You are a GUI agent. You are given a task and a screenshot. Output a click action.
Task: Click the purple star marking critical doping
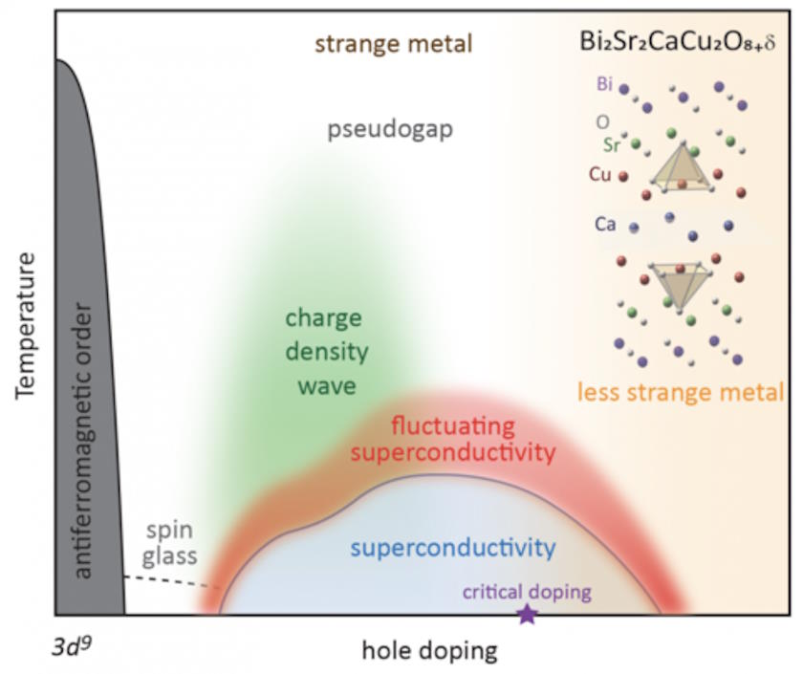pos(527,615)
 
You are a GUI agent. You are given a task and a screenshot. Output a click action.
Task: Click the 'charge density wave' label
pos(326,352)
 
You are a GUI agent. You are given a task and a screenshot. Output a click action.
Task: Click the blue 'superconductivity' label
pos(452,548)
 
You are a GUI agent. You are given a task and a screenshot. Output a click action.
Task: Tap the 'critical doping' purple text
pos(526,592)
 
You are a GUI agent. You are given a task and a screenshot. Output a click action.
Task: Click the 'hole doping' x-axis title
pos(430,652)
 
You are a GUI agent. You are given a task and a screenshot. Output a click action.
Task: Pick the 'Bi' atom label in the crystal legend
pos(603,84)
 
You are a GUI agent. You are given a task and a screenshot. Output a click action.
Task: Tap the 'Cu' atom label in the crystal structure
pos(601,176)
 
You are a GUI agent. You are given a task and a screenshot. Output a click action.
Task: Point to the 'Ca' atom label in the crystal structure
pos(604,224)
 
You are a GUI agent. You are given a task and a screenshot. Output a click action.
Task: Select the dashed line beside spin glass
pos(173,580)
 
